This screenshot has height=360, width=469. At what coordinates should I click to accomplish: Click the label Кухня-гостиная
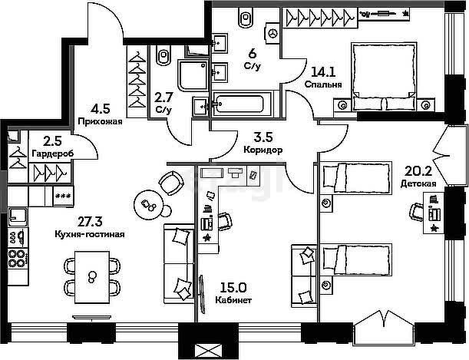pyautogui.click(x=90, y=234)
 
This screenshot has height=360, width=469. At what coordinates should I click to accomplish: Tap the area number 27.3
pyautogui.click(x=90, y=222)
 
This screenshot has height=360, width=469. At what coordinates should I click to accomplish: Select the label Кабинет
pyautogui.click(x=233, y=300)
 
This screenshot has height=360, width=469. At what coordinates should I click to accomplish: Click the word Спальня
pyautogui.click(x=323, y=84)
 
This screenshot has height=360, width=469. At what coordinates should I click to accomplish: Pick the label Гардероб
pyautogui.click(x=52, y=154)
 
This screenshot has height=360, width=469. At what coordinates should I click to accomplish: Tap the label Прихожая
pyautogui.click(x=101, y=121)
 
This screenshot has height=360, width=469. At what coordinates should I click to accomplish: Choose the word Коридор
pyautogui.click(x=263, y=150)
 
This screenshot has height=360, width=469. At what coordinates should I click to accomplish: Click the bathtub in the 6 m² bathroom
pyautogui.click(x=242, y=104)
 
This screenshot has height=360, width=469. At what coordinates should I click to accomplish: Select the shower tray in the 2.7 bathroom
pyautogui.click(x=193, y=75)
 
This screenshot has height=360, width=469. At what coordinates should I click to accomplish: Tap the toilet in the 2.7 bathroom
pyautogui.click(x=163, y=55)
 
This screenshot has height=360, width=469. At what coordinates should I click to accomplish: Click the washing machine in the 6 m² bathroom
pyautogui.click(x=272, y=33)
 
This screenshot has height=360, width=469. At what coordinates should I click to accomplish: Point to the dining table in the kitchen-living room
pyautogui.click(x=92, y=277)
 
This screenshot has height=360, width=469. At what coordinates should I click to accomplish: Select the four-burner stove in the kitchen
pyautogui.click(x=18, y=259)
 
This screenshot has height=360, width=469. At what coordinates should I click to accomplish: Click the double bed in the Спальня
pyautogui.click(x=384, y=76)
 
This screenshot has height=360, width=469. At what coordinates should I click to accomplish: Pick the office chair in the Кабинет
pyautogui.click(x=224, y=221)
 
